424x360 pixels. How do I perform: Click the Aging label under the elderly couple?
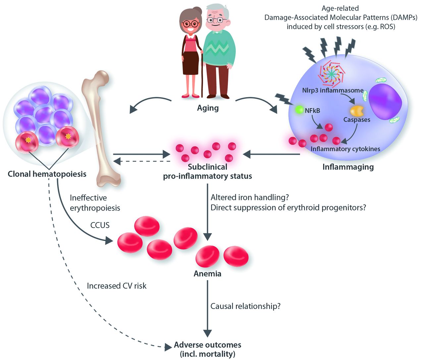[x=208, y=108]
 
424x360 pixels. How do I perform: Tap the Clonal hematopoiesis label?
[x=47, y=174]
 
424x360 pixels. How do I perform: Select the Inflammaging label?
[x=348, y=167]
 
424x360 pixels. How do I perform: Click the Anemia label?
[x=207, y=274]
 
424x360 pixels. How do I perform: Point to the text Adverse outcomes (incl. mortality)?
[x=208, y=349]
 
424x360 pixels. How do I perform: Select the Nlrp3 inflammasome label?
[x=333, y=90]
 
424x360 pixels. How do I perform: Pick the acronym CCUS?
[x=100, y=225]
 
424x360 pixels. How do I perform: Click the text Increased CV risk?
[x=117, y=286]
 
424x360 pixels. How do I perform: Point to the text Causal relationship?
[x=245, y=306]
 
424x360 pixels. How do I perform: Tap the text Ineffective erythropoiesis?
[x=95, y=203]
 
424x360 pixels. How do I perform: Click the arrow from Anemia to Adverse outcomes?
[x=208, y=308]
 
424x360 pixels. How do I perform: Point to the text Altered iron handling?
[x=250, y=198]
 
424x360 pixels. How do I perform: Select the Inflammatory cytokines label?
[x=345, y=149]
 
